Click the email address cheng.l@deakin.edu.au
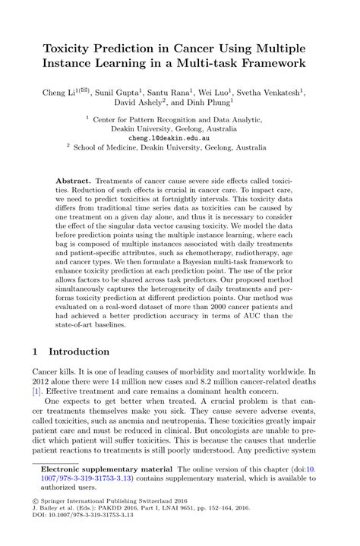coord(180,140)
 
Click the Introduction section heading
coord(84,352)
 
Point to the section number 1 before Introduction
coord(35,352)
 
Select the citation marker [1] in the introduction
coord(36,390)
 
